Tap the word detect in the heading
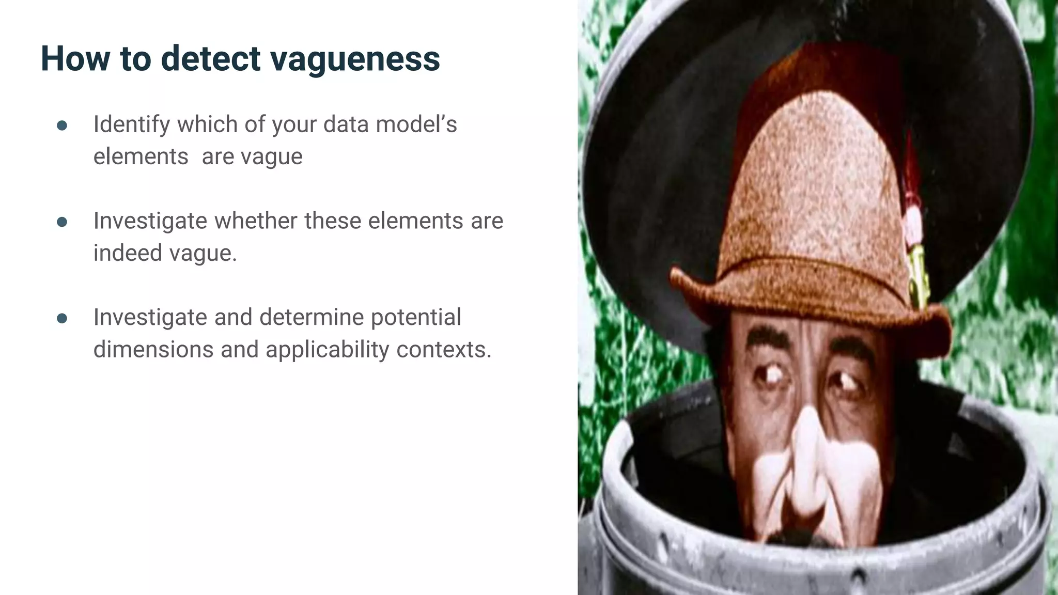(x=211, y=58)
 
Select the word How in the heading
(x=74, y=58)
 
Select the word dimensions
(x=153, y=350)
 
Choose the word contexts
(x=444, y=350)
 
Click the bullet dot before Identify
(x=62, y=126)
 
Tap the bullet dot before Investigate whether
(x=62, y=222)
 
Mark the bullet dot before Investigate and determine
(x=62, y=319)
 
